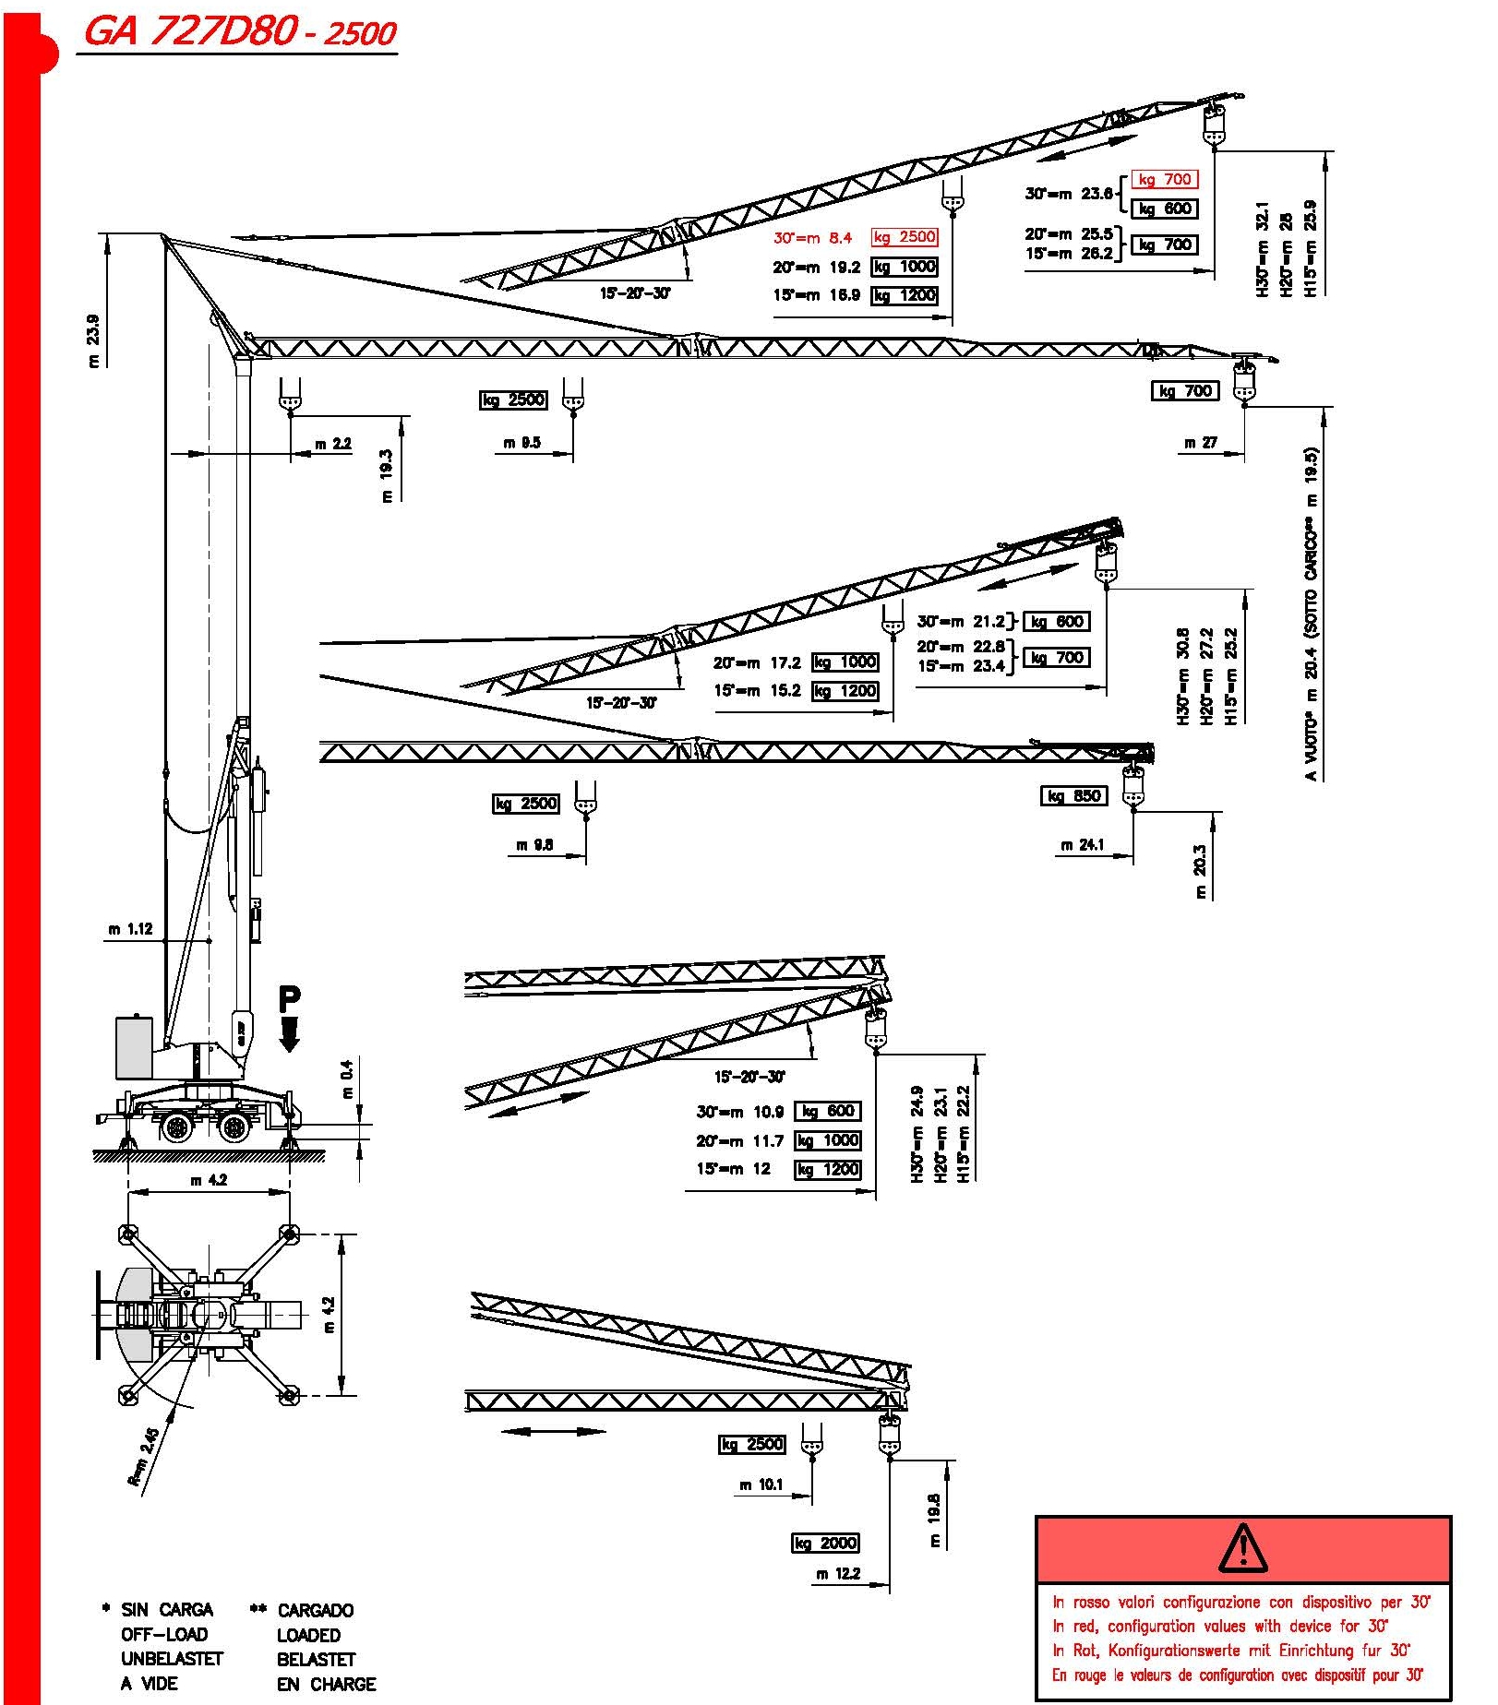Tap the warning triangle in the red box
pos(1242,1549)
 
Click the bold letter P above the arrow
pos(289,999)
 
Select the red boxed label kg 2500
pos(905,237)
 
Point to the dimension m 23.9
pos(93,341)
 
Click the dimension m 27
pos(1201,443)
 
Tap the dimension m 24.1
pos(1083,844)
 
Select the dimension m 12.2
pos(838,1574)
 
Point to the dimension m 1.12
pos(130,929)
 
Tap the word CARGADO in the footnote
pos(316,1610)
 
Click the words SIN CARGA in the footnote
pos(167,1610)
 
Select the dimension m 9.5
pos(522,443)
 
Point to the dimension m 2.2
pos(333,444)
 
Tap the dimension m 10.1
pos(761,1484)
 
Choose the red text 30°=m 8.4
pos(812,238)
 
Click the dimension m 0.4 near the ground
pos(347,1079)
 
